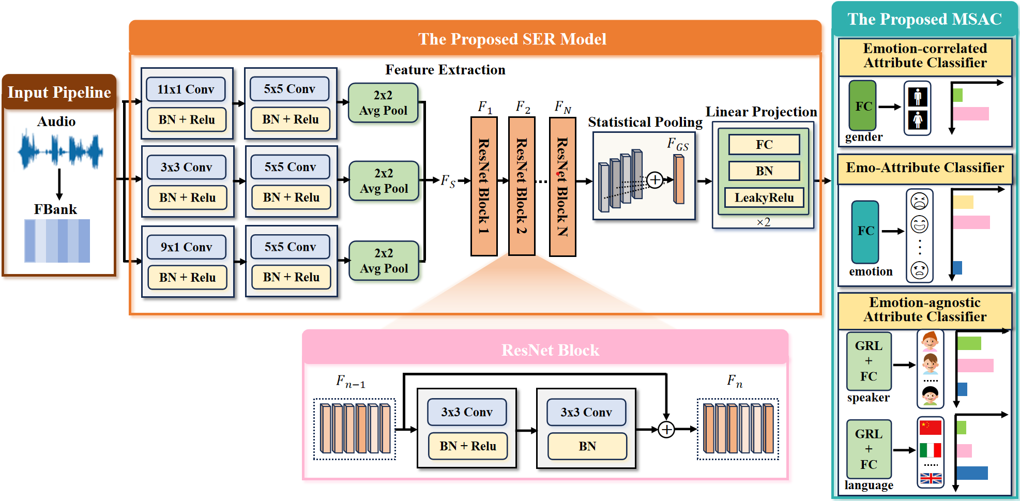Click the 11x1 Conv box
pyautogui.click(x=186, y=89)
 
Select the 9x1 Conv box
pyautogui.click(x=186, y=247)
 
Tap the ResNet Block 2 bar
pyautogui.click(x=521, y=186)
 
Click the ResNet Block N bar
pyautogui.click(x=562, y=186)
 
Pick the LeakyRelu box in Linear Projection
pyautogui.click(x=764, y=198)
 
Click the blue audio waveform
pyautogui.click(x=60, y=151)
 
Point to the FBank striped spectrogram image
pyautogui.click(x=57, y=240)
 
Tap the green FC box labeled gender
pyautogui.click(x=862, y=105)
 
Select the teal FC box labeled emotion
pyautogui.click(x=865, y=231)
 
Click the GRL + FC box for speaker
pyautogui.click(x=869, y=361)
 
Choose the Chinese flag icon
pyautogui.click(x=930, y=428)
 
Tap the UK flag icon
pyautogui.click(x=931, y=478)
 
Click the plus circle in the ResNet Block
pyautogui.click(x=666, y=429)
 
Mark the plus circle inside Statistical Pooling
pyautogui.click(x=654, y=180)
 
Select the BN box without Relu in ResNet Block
pyautogui.click(x=587, y=446)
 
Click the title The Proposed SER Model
pyautogui.click(x=512, y=39)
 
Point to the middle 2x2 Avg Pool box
pyautogui.click(x=384, y=181)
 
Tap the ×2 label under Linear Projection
pyautogui.click(x=763, y=222)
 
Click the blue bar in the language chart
pyautogui.click(x=972, y=473)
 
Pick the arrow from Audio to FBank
pyautogui.click(x=59, y=184)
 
